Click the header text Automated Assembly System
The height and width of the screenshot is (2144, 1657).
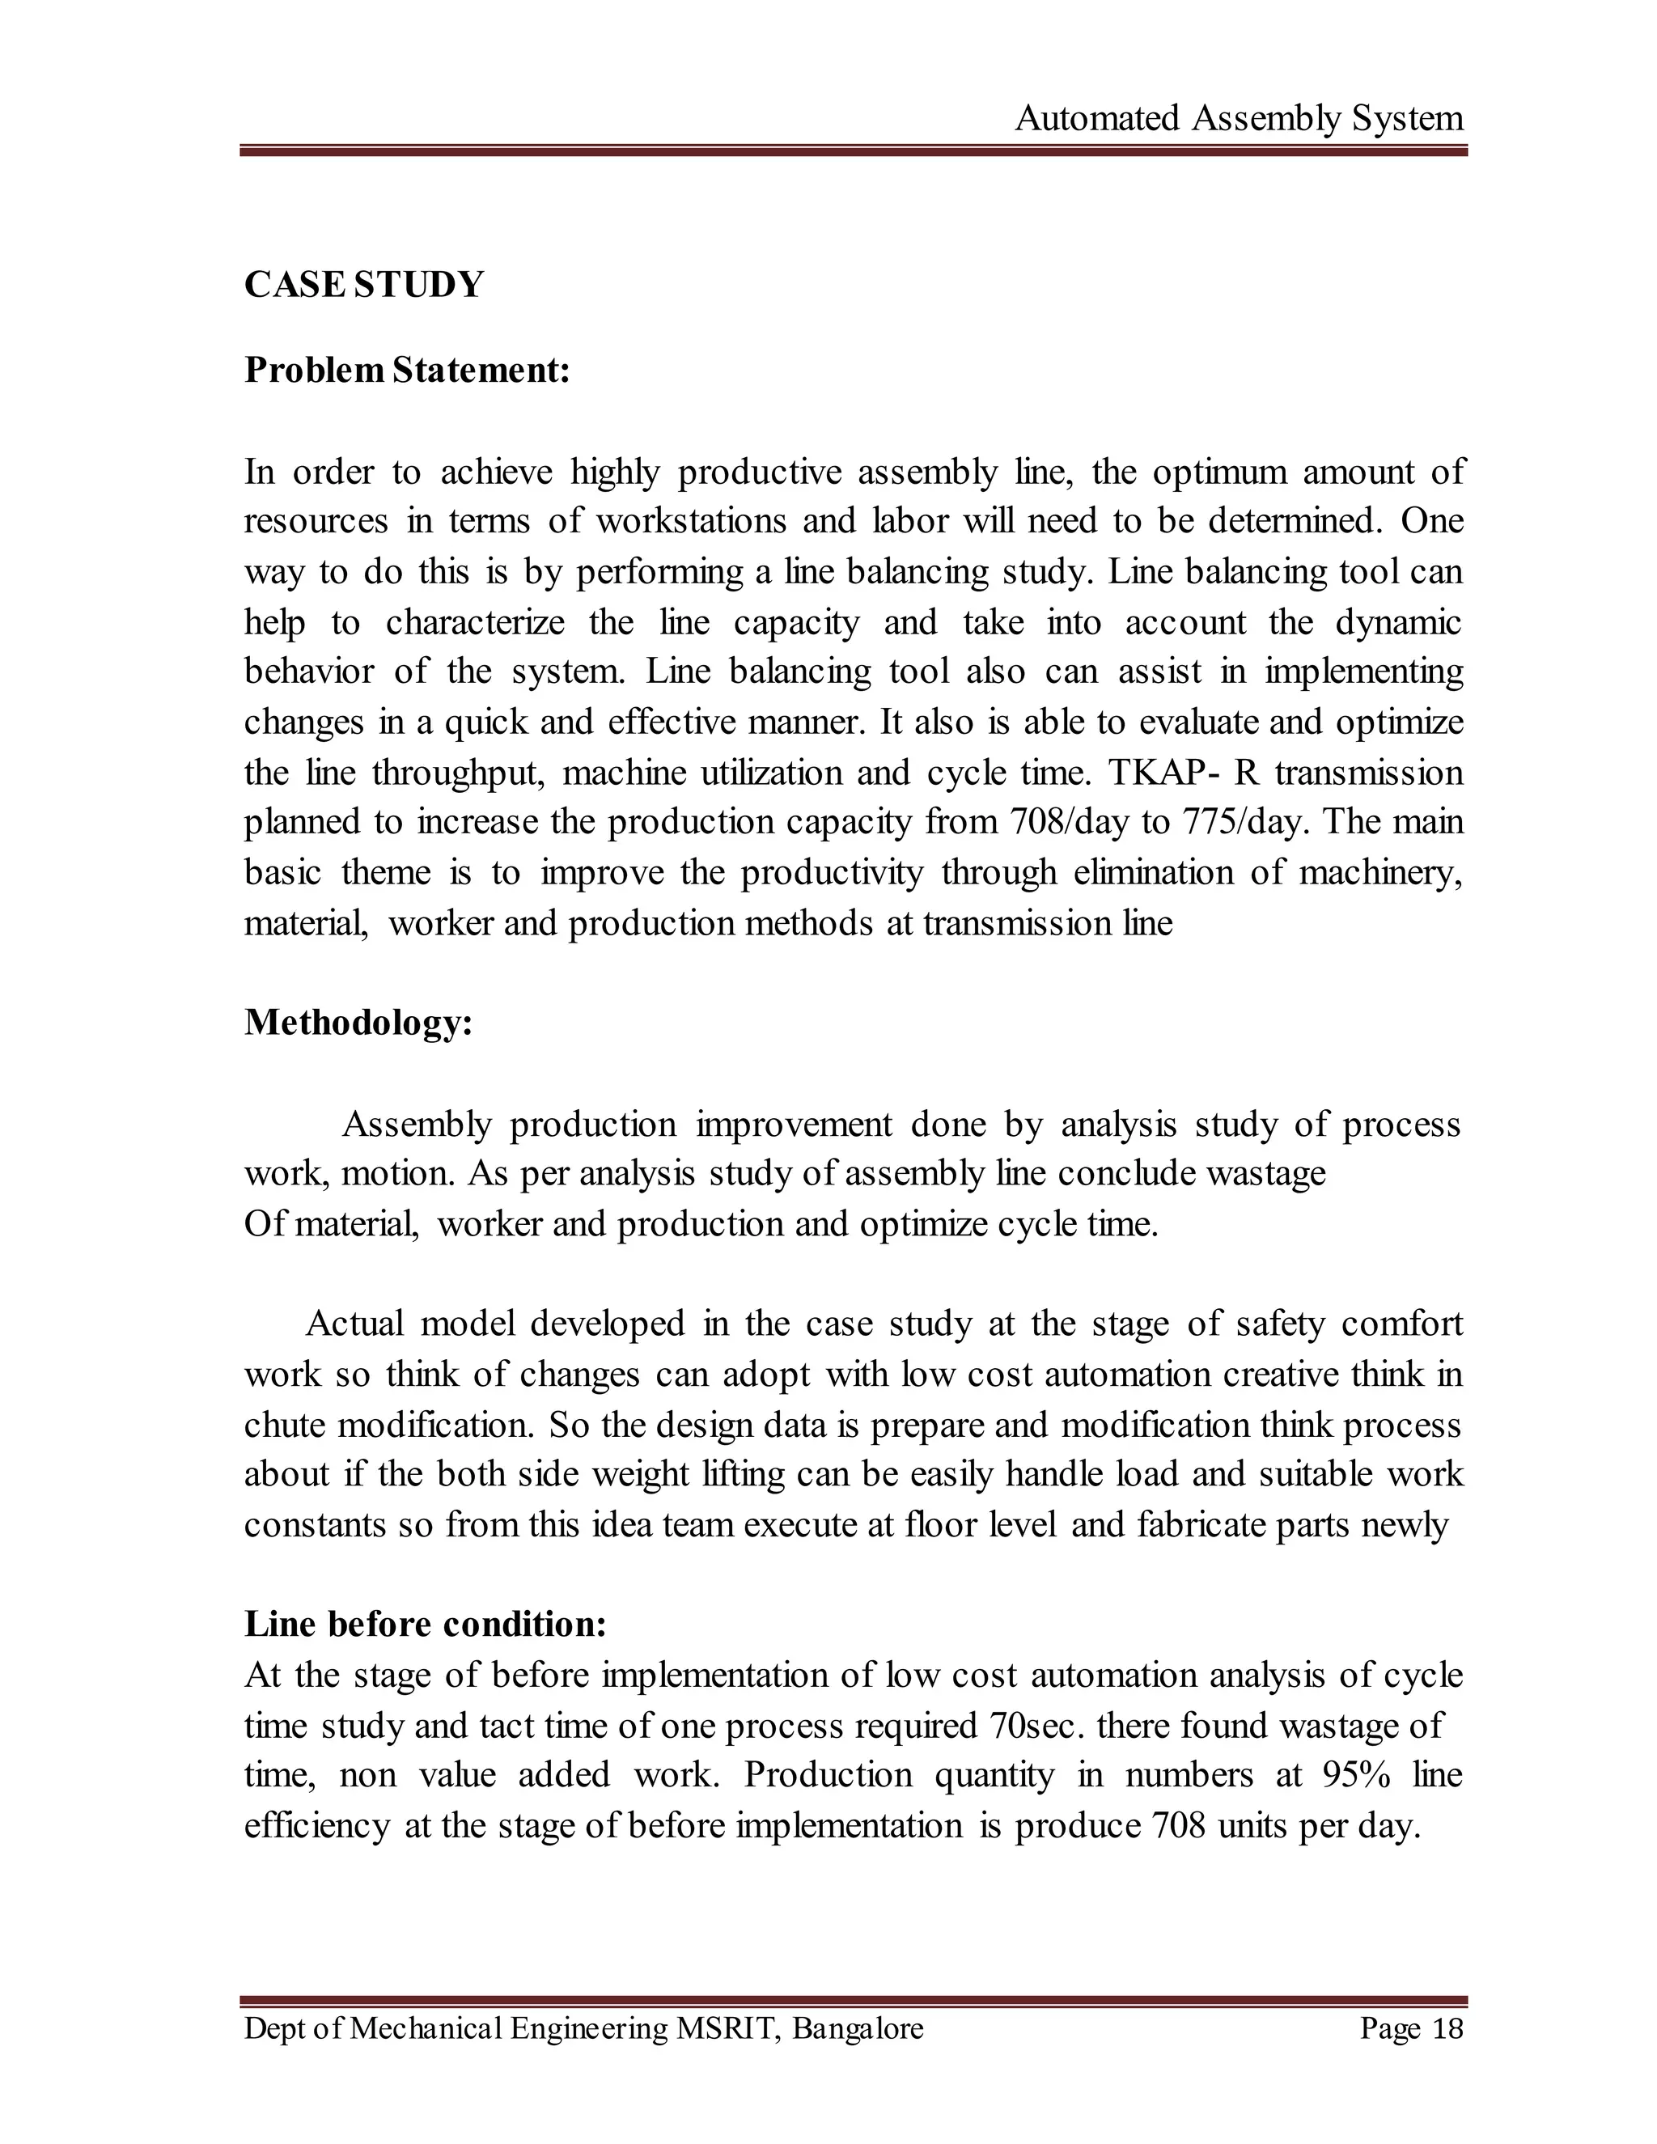pyautogui.click(x=1239, y=119)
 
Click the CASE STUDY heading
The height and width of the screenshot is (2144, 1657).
pyautogui.click(x=364, y=285)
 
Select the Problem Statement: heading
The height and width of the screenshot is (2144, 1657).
pyautogui.click(x=406, y=370)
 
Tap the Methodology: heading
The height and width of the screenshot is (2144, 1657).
pyautogui.click(x=358, y=1023)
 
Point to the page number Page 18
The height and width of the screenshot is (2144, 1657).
pyautogui.click(x=1410, y=2028)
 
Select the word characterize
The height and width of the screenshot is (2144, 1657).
pyautogui.click(x=475, y=622)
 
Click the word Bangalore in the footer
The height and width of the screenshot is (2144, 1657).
pyautogui.click(x=858, y=2028)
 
